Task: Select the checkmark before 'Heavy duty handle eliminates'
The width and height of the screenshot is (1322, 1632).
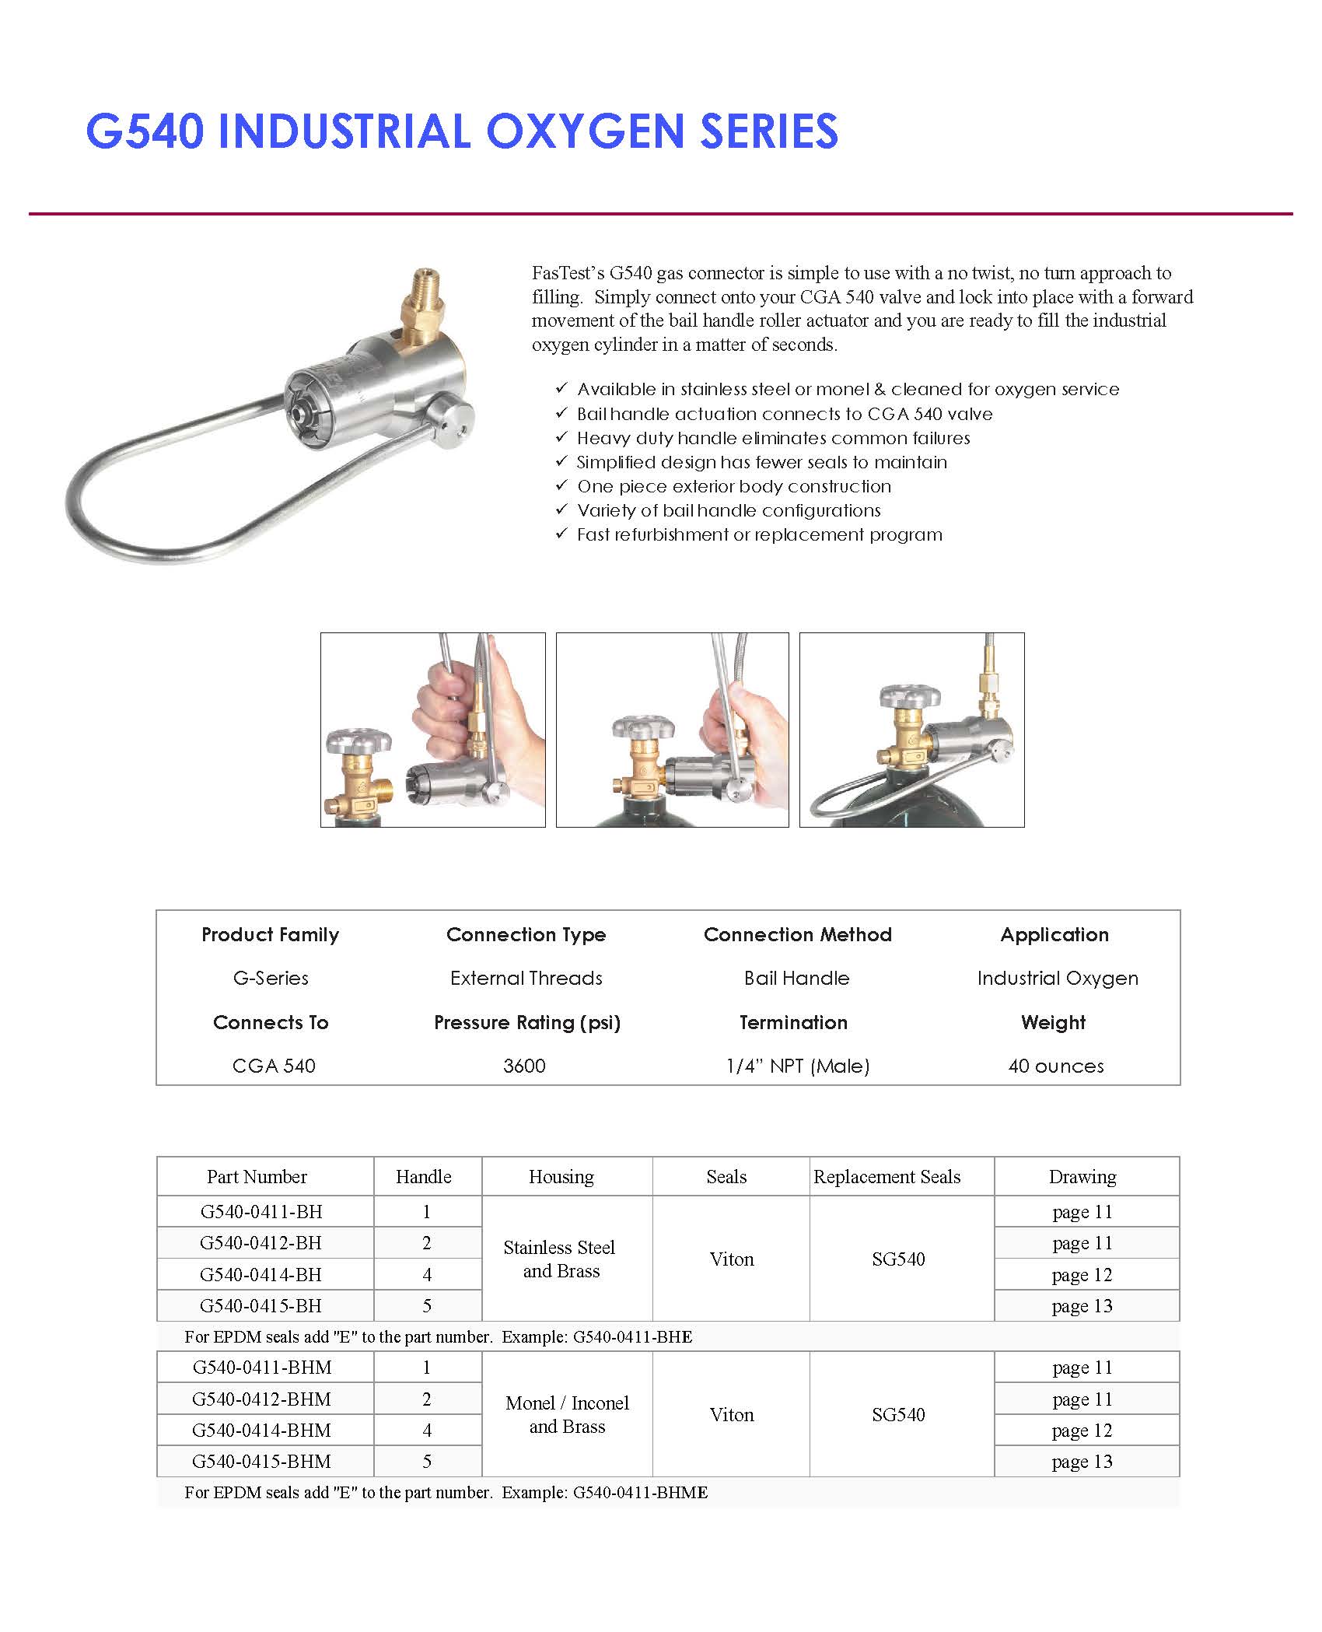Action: click(x=561, y=437)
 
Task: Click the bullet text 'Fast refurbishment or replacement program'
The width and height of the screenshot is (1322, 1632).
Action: click(x=759, y=534)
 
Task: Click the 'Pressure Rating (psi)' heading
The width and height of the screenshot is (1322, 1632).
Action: click(x=526, y=1022)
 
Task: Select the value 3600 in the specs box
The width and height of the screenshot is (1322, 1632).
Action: click(x=524, y=1066)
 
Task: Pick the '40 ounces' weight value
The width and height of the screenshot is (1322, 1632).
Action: click(x=1055, y=1066)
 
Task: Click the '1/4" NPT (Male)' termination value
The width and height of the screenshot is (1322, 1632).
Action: click(x=797, y=1066)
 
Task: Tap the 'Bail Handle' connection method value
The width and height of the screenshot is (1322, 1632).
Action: click(x=796, y=978)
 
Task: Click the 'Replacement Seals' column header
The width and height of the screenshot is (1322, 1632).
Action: click(x=887, y=1176)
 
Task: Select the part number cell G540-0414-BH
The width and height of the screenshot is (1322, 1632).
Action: click(x=261, y=1274)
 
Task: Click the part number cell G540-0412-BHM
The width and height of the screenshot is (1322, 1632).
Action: click(x=261, y=1399)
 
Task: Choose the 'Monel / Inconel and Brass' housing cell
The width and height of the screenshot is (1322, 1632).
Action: click(x=567, y=1414)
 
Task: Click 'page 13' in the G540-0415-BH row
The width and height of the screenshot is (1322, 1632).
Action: click(x=1082, y=1305)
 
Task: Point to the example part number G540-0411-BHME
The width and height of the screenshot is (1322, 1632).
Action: click(x=640, y=1492)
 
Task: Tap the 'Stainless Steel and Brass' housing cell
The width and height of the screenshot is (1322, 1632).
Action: click(x=560, y=1259)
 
